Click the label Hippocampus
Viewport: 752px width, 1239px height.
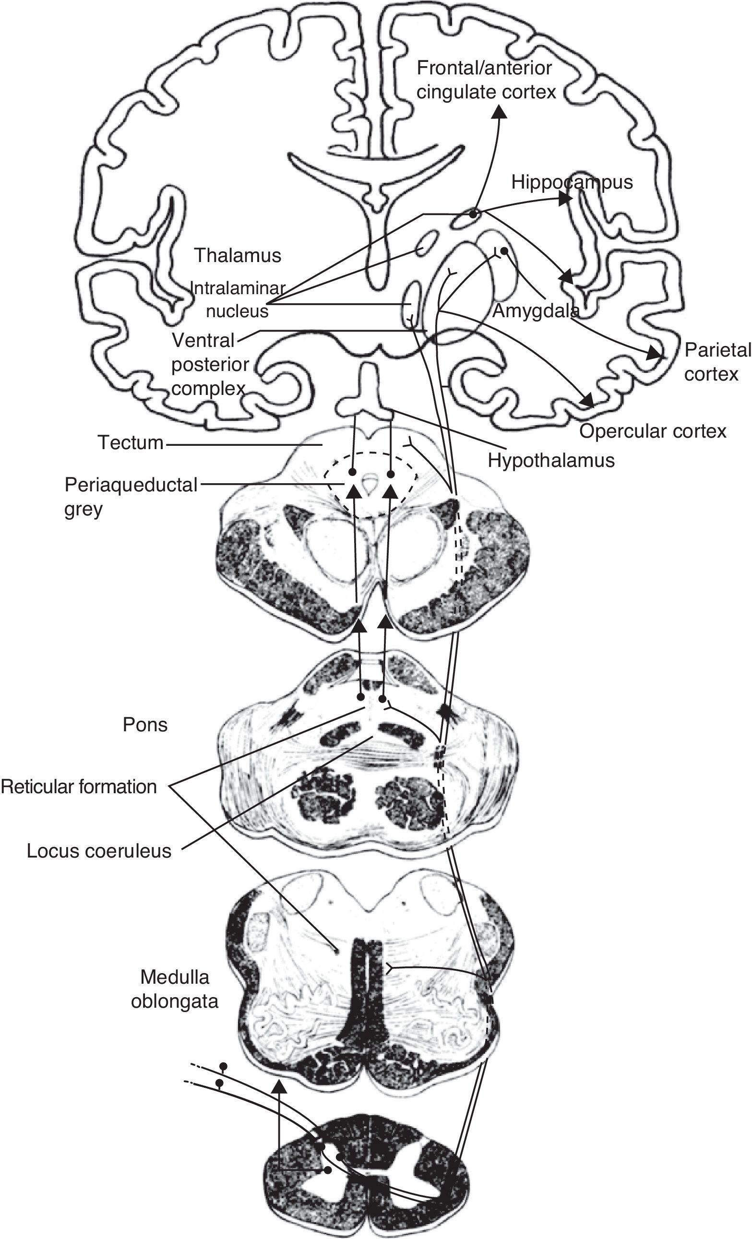[572, 182]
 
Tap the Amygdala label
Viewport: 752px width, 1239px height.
[536, 311]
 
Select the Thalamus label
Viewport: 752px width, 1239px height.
[238, 255]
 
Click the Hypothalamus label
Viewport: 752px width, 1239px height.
[551, 460]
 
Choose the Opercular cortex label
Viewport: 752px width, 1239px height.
[652, 431]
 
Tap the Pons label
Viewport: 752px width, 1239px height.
[145, 725]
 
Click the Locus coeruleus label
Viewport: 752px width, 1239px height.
[99, 851]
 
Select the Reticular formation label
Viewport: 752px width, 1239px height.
[79, 786]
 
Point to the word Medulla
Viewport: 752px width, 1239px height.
[175, 977]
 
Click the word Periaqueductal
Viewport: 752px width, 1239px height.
[131, 485]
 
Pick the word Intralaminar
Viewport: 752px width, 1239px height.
[238, 288]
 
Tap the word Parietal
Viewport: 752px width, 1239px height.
[717, 350]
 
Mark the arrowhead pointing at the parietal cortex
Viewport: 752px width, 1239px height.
[655, 353]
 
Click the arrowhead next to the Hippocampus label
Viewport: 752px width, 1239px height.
[565, 199]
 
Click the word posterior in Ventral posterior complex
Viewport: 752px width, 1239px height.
[210, 365]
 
